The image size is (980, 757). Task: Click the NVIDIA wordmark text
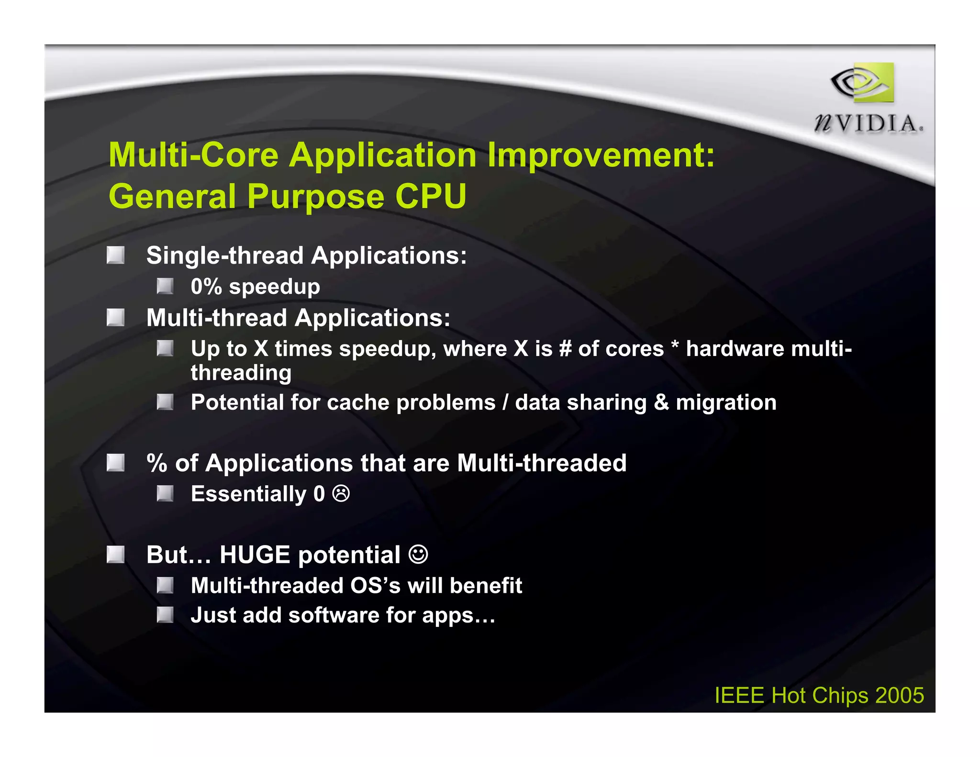click(868, 123)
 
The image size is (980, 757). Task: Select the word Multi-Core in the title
click(193, 155)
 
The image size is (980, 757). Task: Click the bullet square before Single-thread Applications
click(115, 255)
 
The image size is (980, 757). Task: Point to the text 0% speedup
click(255, 287)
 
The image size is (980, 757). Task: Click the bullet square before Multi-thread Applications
click(115, 317)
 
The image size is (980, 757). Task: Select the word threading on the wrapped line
click(241, 373)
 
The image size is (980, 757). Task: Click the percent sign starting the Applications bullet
click(156, 463)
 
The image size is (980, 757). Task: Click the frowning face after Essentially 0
click(341, 493)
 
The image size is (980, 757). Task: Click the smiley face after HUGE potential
click(418, 555)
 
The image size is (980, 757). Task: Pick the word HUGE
click(255, 555)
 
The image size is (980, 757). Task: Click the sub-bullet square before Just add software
click(165, 615)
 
